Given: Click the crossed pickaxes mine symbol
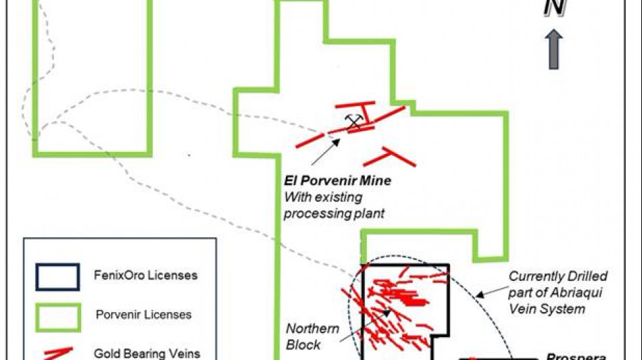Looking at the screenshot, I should pos(353,122).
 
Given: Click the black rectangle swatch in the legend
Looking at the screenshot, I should pos(58,276).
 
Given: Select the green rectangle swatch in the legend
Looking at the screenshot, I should pos(58,314).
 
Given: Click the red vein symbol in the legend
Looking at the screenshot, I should pos(58,353).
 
